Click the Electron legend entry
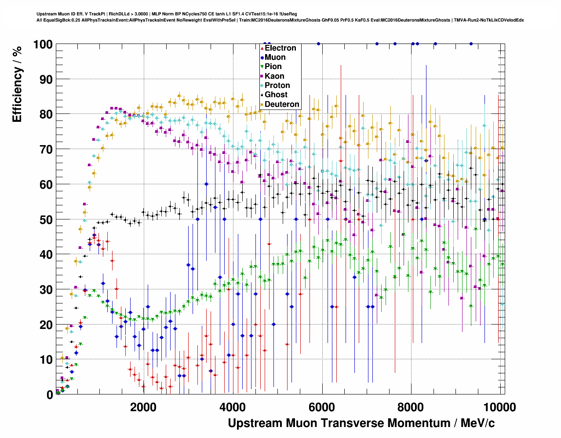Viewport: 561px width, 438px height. click(x=280, y=48)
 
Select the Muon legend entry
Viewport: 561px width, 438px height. click(x=275, y=57)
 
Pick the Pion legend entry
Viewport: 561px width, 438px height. click(x=273, y=66)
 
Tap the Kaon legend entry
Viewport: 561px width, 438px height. click(x=274, y=76)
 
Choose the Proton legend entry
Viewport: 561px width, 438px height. click(x=277, y=85)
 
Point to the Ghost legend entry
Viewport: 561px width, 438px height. click(x=276, y=95)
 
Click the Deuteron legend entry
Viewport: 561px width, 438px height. click(x=282, y=104)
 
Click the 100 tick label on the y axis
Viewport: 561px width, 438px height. click(x=43, y=44)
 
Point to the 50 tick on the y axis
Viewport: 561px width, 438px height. click(x=46, y=219)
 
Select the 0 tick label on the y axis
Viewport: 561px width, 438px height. click(x=50, y=395)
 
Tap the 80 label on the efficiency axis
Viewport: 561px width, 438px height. click(x=46, y=114)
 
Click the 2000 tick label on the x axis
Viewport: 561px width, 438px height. click(x=143, y=407)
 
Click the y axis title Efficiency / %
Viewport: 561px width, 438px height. click(x=17, y=84)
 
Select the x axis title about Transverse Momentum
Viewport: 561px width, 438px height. click(x=361, y=423)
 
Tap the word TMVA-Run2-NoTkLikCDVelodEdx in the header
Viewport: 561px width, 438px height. click(x=488, y=20)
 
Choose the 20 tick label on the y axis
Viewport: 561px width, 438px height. click(x=46, y=325)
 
